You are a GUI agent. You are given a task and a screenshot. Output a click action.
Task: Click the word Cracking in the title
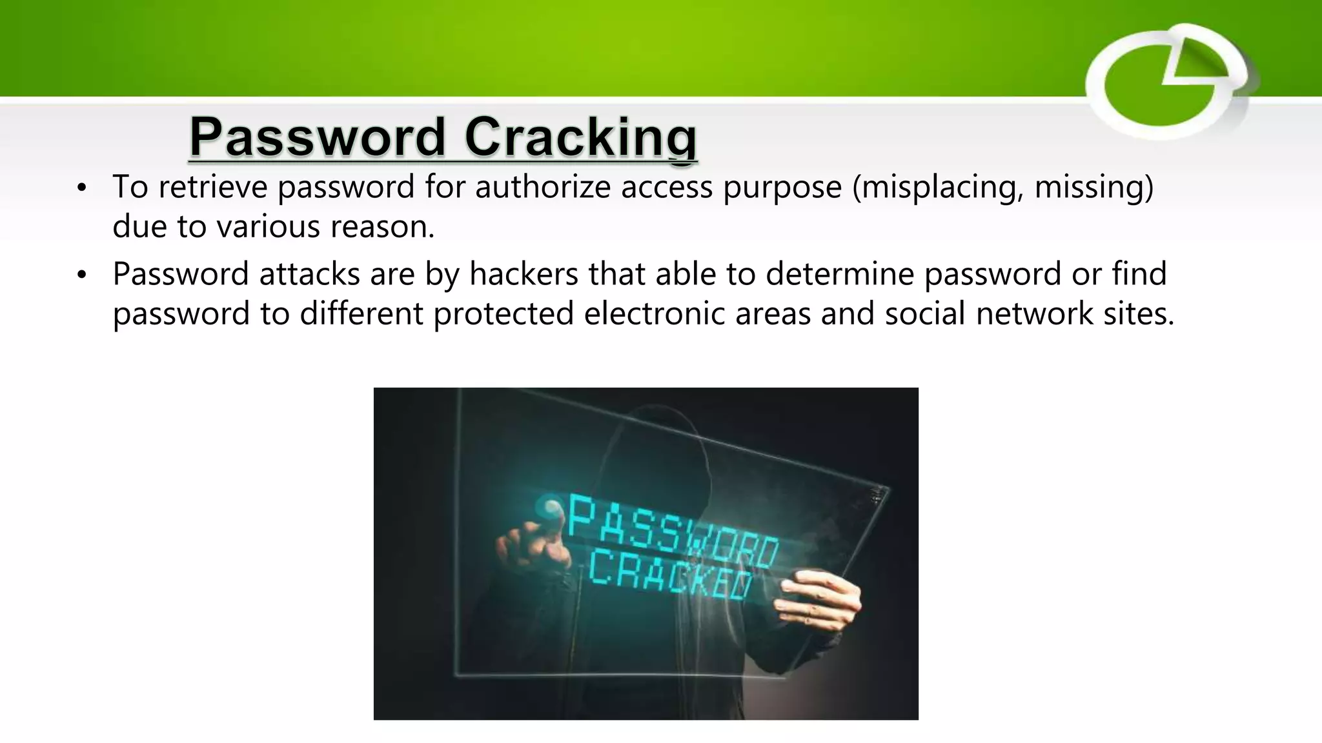tap(580, 137)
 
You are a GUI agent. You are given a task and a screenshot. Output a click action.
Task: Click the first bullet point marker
tap(81, 188)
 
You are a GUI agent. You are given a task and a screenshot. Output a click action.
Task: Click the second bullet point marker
tap(81, 275)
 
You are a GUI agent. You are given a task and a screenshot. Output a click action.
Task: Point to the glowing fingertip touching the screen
tap(553, 509)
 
